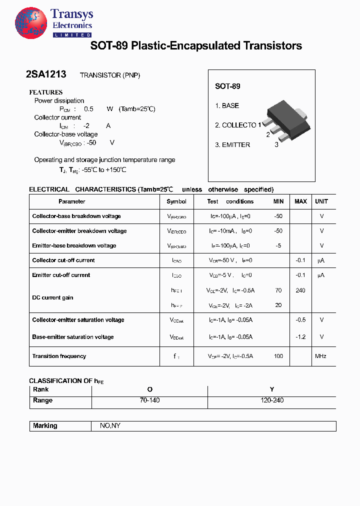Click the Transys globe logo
coord(31,23)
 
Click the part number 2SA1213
coord(45,74)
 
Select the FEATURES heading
coord(45,92)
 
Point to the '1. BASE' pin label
coord(227,105)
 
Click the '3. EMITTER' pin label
coord(232,144)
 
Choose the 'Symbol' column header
coord(176,201)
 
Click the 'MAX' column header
coord(300,201)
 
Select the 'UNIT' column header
coord(321,201)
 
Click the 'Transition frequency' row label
coord(59,356)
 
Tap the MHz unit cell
coord(320,356)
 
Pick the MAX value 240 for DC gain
coord(300,290)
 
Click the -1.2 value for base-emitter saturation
coord(300,337)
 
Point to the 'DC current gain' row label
coord(52,297)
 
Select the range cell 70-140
coord(149,400)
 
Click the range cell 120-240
coord(272,400)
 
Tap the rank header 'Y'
coord(272,389)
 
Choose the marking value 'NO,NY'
coord(110,426)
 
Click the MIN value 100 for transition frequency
coord(278,356)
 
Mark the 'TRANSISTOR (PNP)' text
coord(110,75)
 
